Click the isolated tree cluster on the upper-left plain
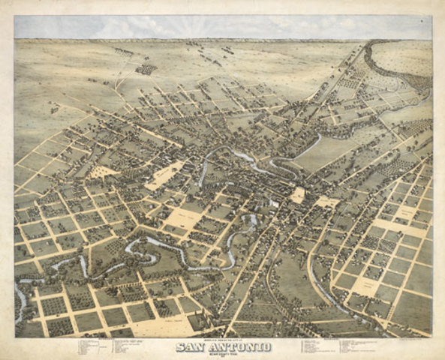(146, 69)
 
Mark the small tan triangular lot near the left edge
(103, 172)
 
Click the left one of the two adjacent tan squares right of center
(298, 195)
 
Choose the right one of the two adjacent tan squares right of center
(327, 202)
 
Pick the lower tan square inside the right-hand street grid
(365, 285)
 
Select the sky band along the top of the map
(222, 27)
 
